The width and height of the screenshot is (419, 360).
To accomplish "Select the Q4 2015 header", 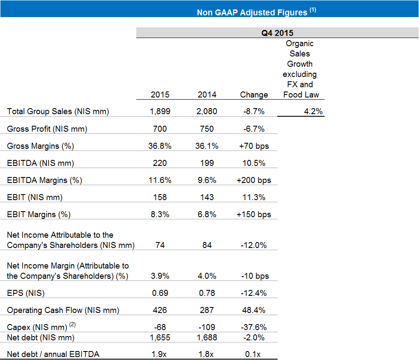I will pos(277,33).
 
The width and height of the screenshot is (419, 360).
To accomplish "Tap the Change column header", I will pos(254,95).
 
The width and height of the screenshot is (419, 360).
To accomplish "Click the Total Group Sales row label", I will pos(58,112).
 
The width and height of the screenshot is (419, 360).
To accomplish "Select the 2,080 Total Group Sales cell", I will pos(207,112).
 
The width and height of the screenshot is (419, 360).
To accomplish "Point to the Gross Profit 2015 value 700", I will pos(160,129).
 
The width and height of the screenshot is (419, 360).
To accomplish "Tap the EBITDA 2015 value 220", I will pos(160,163).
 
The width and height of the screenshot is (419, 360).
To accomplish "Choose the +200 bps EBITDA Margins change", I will pos(254,180).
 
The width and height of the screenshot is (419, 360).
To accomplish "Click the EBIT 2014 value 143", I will pos(207,197).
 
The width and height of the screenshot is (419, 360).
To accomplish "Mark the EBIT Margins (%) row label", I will pos(39,214).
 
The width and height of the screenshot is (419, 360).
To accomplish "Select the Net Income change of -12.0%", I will pos(254,245).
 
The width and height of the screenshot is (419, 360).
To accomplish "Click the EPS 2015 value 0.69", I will pos(160,293).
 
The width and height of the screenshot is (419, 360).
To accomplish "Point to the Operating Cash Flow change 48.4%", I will pos(254,310).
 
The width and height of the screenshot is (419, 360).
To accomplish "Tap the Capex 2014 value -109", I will pos(207,327).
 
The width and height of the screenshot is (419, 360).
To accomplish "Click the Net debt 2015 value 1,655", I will pos(160,337).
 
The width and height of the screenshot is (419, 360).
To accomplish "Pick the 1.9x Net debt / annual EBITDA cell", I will pos(160,354).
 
